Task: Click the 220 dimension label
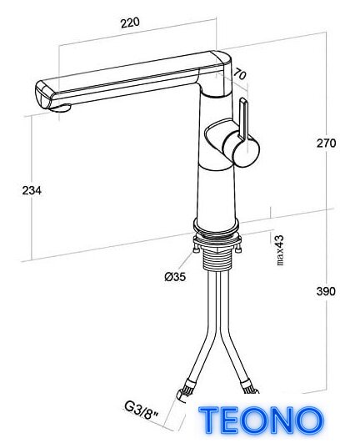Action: pyautogui.click(x=130, y=23)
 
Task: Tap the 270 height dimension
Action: pyautogui.click(x=326, y=143)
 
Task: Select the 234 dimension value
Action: pyautogui.click(x=32, y=190)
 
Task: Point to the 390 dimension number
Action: pyautogui.click(x=326, y=291)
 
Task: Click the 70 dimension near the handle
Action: pyautogui.click(x=239, y=74)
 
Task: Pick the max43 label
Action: pyautogui.click(x=280, y=250)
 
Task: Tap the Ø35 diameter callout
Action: pyautogui.click(x=175, y=276)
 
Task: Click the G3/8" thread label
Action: pyautogui.click(x=142, y=411)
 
